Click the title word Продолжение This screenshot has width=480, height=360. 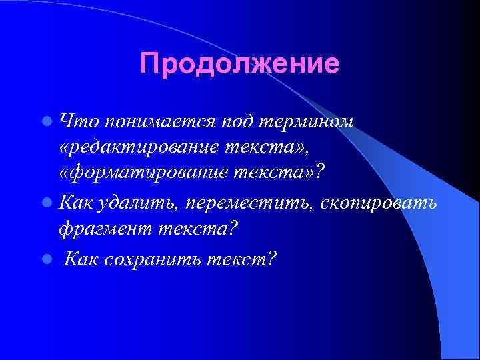coord(240,64)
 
